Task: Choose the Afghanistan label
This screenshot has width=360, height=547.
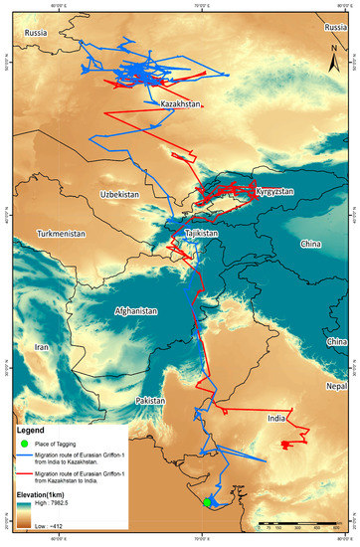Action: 136,310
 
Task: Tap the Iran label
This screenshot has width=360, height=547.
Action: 42,347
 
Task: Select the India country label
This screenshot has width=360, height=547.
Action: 276,419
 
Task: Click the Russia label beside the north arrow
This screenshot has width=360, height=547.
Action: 334,28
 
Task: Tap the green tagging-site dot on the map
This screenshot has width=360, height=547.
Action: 207,503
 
